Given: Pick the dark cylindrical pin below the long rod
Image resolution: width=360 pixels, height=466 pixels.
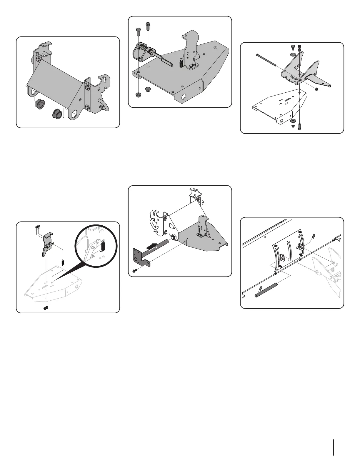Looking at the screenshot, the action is (x=266, y=289).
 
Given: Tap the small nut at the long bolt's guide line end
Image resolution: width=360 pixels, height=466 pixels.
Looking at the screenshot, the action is (x=316, y=89).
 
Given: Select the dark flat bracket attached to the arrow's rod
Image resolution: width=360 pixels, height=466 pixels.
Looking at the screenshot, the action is (x=140, y=258).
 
